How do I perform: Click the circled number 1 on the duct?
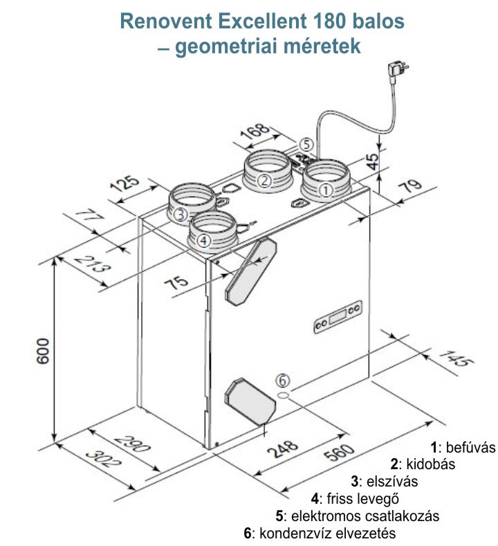point(326,188)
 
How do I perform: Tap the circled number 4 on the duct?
point(203,240)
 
